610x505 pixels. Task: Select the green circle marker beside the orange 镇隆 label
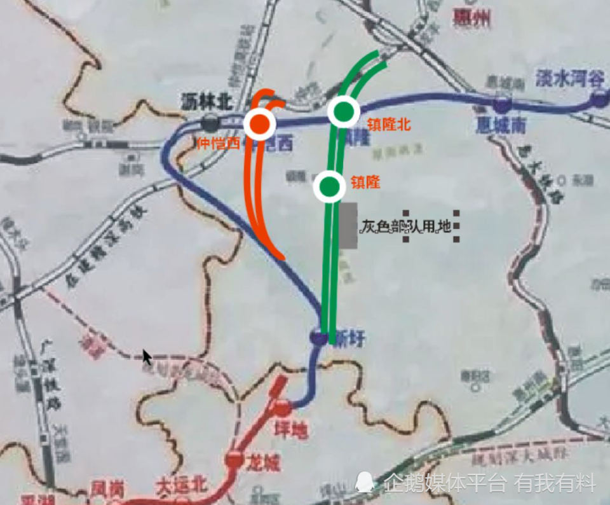pos(330,186)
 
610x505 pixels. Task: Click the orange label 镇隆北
pos(389,125)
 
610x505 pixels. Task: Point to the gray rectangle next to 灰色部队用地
pos(347,226)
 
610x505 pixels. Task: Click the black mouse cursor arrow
pos(147,357)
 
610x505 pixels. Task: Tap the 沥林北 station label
pos(207,100)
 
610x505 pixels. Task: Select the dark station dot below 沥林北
pos(210,123)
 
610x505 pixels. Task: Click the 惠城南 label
pos(501,125)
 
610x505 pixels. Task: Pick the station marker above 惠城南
pos(502,103)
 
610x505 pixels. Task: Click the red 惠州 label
pos(471,18)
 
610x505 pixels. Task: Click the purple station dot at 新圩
pos(320,336)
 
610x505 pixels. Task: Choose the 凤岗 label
pos(106,488)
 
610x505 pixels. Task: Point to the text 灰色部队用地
pos(406,226)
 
